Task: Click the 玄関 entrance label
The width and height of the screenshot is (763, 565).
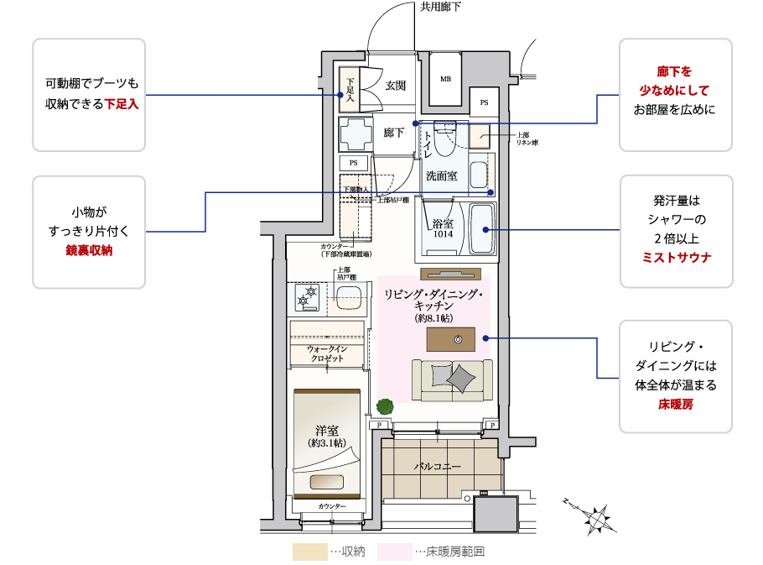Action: pos(396,86)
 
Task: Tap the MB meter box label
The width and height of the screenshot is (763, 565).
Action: pos(445,79)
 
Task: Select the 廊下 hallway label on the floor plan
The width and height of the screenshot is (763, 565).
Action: pos(394,133)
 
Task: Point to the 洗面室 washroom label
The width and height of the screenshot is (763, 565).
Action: pos(442,175)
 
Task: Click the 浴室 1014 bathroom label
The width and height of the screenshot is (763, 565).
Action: pos(443,229)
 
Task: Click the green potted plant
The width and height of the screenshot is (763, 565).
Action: pos(385,406)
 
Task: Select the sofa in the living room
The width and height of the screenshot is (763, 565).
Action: pos(451,379)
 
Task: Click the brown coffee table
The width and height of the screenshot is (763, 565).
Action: pos(450,339)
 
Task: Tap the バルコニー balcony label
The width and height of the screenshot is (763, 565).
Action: pos(437,466)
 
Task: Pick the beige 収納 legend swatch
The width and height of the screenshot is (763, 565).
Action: pos(309,552)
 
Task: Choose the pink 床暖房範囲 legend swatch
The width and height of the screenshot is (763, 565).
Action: pos(394,552)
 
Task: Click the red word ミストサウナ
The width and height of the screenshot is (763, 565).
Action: pos(676,258)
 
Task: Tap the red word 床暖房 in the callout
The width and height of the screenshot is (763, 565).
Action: pos(676,405)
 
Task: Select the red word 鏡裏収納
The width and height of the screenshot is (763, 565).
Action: pos(89,249)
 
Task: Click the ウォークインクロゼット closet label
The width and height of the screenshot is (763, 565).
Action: pos(327,353)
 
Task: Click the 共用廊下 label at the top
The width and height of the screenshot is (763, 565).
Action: pos(440,7)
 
